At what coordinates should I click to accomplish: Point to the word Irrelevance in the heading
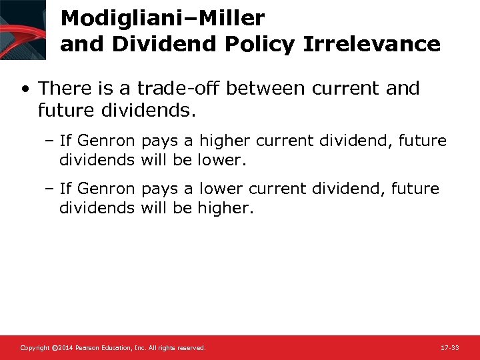(x=372, y=44)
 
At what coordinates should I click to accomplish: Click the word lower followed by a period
(x=223, y=160)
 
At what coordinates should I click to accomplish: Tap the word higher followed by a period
(x=225, y=208)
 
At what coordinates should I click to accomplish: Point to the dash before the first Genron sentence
(x=51, y=141)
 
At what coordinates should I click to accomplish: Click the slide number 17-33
(x=450, y=348)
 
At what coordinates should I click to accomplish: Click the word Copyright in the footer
(x=34, y=348)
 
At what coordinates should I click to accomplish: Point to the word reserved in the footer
(x=192, y=348)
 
